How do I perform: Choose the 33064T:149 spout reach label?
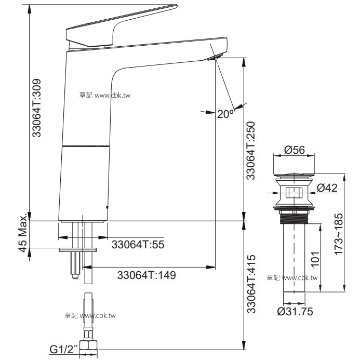(x=146, y=275)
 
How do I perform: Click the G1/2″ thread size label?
(x=63, y=349)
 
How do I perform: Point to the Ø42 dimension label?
(x=327, y=187)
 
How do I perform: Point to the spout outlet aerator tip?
(x=215, y=57)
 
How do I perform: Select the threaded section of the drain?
(x=294, y=217)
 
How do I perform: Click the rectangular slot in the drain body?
(x=294, y=194)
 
